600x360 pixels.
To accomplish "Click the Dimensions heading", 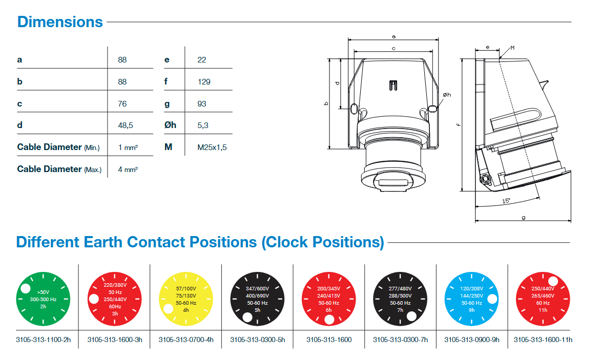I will coord(60,22).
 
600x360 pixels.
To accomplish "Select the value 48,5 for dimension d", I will coord(126,125).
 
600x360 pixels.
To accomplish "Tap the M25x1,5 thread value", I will coord(212,147).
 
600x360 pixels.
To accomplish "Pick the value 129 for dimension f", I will coord(203,81).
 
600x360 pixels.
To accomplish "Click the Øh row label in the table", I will coord(170,125).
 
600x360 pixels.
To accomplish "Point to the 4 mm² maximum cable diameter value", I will coord(128,169).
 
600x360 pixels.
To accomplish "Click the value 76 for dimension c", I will coord(122,103).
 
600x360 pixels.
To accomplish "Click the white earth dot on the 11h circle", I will coord(553,281).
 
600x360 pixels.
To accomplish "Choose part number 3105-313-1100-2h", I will coord(43,340).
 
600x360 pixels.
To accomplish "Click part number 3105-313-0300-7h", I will coord(400,340).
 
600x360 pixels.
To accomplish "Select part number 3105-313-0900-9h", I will coord(471,340).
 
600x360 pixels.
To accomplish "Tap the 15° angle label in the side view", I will coord(506,201).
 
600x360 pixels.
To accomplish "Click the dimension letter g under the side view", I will coord(523,217).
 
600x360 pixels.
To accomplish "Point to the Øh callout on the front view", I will coord(446,95).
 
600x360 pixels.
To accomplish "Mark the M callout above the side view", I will coord(512,48).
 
